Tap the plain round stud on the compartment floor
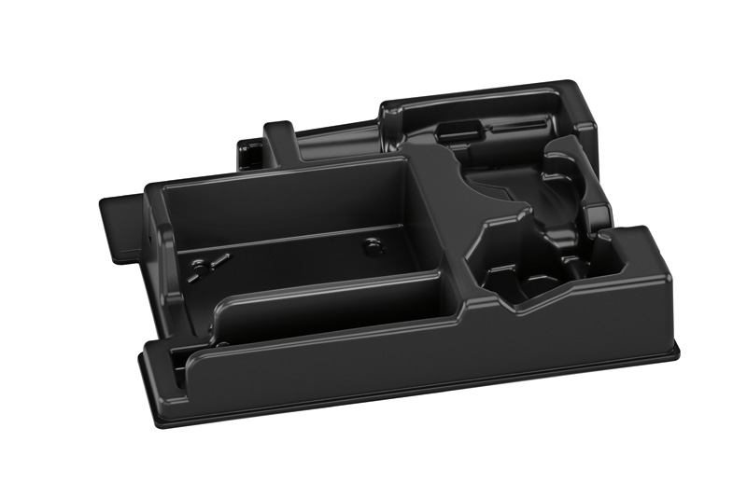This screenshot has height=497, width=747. (373, 246)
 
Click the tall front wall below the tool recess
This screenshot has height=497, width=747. (560, 326)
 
